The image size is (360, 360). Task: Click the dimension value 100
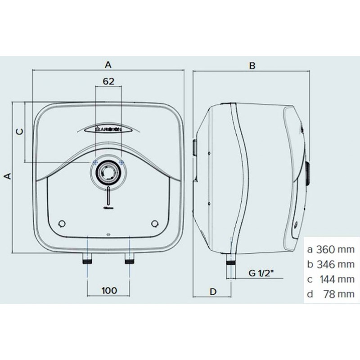108,290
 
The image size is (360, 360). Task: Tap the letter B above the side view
252,66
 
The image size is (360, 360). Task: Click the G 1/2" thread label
262,273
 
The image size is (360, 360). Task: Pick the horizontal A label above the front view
108,65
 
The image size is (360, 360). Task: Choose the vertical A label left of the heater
6,176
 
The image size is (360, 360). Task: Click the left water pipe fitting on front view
86,260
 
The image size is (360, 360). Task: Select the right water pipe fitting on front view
130,260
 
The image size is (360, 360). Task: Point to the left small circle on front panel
61,224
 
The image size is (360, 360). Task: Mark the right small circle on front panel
155,224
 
